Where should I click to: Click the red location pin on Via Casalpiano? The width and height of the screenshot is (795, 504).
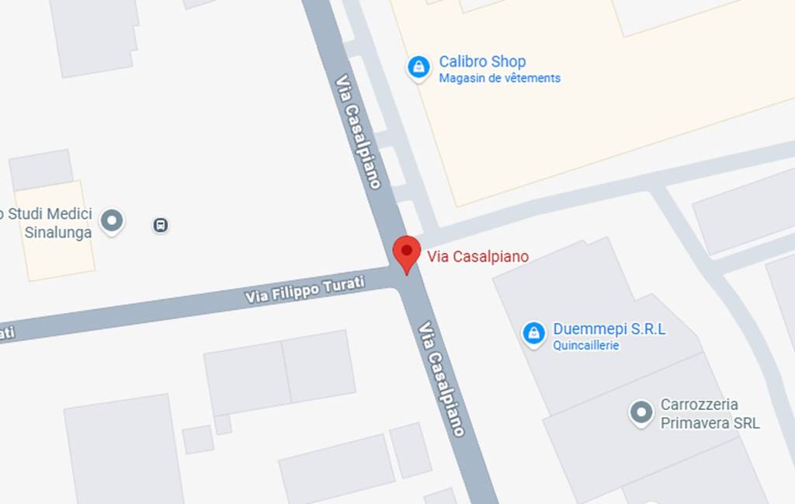pos(406,252)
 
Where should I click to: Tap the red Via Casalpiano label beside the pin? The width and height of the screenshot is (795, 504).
pos(477,257)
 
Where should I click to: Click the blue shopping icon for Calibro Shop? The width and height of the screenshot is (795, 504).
pos(418,68)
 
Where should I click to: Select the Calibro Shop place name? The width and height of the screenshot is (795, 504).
pos(482,61)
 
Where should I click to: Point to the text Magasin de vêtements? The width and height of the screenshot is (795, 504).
pos(499,78)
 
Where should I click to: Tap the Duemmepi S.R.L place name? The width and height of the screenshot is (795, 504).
pos(609,329)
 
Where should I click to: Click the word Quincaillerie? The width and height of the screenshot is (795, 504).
pos(585,346)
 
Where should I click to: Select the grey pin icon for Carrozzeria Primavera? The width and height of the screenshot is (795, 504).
pos(641,413)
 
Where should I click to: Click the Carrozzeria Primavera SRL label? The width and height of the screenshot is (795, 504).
pos(710,414)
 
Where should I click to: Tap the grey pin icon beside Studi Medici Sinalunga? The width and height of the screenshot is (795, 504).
pos(113,221)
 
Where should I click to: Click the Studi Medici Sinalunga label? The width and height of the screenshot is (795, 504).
pos(48,223)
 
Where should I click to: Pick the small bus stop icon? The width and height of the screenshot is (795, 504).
pos(161,225)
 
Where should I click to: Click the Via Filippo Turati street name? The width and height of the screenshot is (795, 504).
pos(304,290)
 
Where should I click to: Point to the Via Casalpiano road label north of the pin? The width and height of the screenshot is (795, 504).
pos(358,131)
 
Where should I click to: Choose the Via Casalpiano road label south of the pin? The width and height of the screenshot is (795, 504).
pos(442,378)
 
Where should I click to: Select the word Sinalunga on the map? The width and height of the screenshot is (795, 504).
pos(57,232)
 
